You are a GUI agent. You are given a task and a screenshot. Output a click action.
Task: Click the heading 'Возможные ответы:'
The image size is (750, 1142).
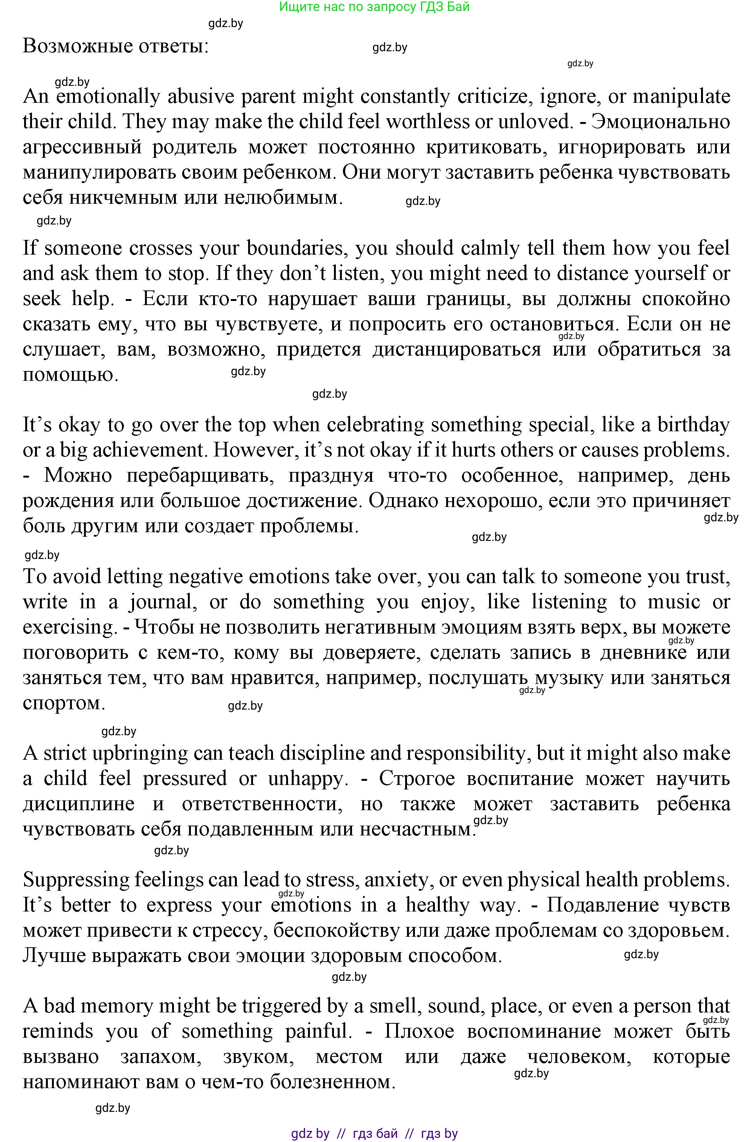116,47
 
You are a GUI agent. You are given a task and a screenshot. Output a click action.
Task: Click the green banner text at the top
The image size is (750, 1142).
374,7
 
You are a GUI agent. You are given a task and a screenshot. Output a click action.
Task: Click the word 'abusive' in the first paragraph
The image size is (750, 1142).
198,96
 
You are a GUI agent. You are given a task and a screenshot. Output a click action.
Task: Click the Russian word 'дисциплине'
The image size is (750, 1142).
79,804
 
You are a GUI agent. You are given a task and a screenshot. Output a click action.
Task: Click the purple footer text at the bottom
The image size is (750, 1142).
374,1134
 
